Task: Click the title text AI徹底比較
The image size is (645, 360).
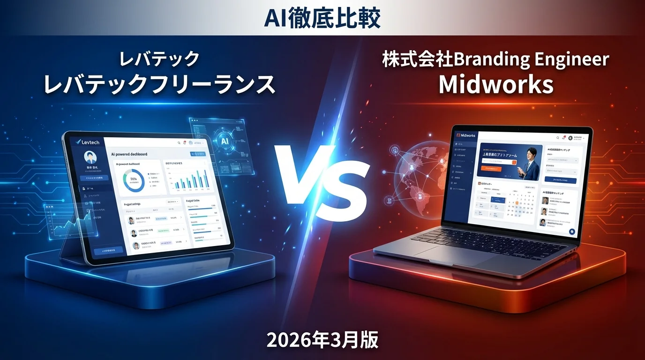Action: [x=322, y=18]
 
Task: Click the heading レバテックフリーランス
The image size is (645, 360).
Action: [x=159, y=85]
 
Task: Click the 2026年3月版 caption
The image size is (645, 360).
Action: [x=322, y=340]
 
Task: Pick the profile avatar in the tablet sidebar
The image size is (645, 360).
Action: [x=90, y=157]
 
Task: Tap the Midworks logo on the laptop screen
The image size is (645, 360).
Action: [x=465, y=135]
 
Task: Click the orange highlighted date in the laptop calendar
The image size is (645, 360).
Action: [x=517, y=203]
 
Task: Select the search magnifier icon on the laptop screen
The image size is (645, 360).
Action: [x=557, y=138]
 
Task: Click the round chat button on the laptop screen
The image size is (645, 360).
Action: [x=572, y=232]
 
